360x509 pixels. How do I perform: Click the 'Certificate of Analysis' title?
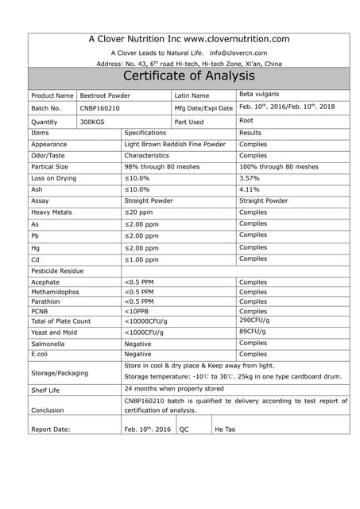[188, 76]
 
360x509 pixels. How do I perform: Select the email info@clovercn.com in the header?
[238, 52]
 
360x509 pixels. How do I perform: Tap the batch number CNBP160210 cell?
[100, 108]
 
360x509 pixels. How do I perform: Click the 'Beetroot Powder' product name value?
[105, 95]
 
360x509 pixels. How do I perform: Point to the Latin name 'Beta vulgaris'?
[259, 94]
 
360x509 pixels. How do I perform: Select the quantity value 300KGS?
[92, 122]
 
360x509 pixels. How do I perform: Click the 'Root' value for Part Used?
[246, 121]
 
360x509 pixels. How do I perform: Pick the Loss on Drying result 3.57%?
[250, 178]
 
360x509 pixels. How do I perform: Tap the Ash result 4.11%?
[250, 189]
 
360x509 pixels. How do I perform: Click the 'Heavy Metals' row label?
[52, 212]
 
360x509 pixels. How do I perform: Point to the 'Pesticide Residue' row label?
[57, 271]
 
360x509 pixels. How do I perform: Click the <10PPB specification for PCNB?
[137, 312]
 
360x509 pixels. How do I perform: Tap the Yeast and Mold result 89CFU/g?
[254, 331]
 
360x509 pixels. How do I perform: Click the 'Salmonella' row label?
[48, 344]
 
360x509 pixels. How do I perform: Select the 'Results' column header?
[250, 133]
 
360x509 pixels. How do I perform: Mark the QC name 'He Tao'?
[226, 429]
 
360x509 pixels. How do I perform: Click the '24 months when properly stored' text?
[174, 389]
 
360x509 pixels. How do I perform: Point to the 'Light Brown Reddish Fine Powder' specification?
[175, 145]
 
